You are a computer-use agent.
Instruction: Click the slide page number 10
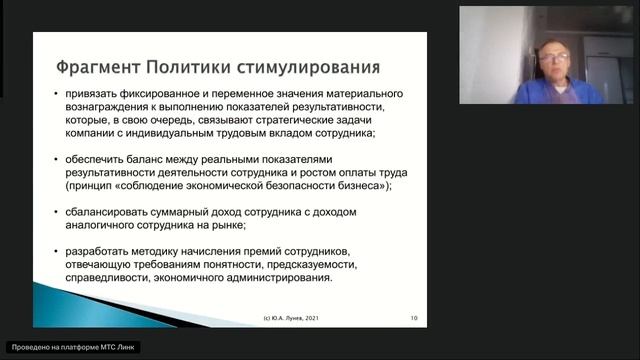coord(414,318)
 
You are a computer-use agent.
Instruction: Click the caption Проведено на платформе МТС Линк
coord(78,347)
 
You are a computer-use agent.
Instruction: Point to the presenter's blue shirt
coord(560,92)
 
